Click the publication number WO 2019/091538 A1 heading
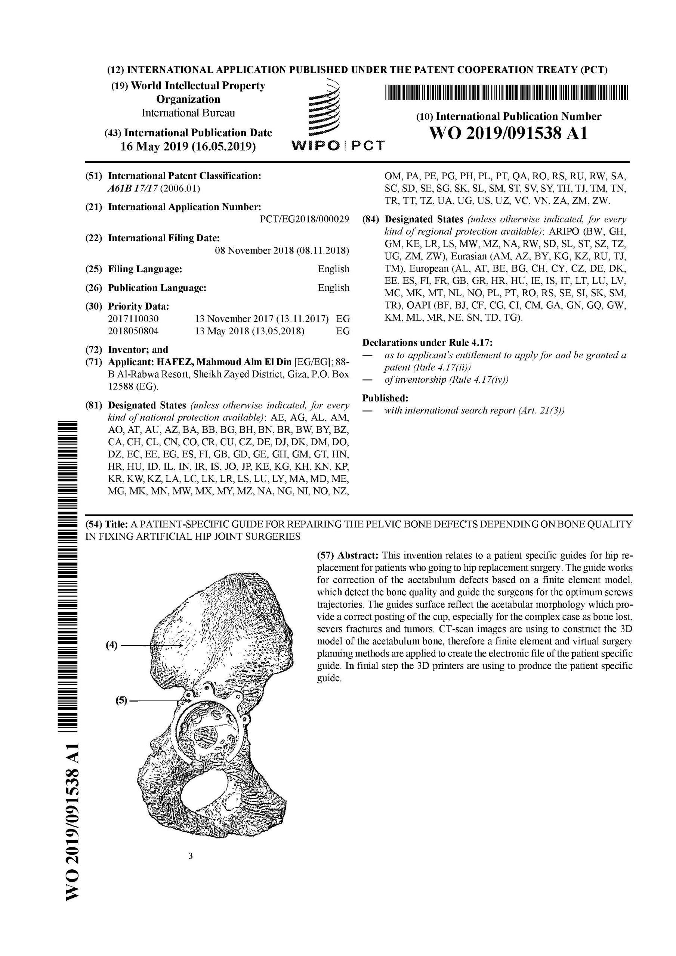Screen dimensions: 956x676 (x=509, y=134)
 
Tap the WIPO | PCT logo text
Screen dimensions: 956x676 (x=337, y=146)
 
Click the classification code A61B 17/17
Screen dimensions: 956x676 (x=133, y=188)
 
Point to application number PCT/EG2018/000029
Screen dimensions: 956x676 (x=304, y=220)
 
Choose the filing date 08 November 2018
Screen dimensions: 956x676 (x=282, y=251)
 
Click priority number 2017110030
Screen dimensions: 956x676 (x=133, y=319)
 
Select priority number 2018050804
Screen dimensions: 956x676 (x=133, y=332)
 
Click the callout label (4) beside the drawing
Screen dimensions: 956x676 (x=112, y=646)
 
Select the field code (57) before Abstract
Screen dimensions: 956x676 (x=325, y=555)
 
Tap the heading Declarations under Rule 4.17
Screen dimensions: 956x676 (x=427, y=343)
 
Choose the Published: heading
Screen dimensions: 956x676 (x=386, y=398)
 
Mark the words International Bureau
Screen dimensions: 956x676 (x=188, y=113)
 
